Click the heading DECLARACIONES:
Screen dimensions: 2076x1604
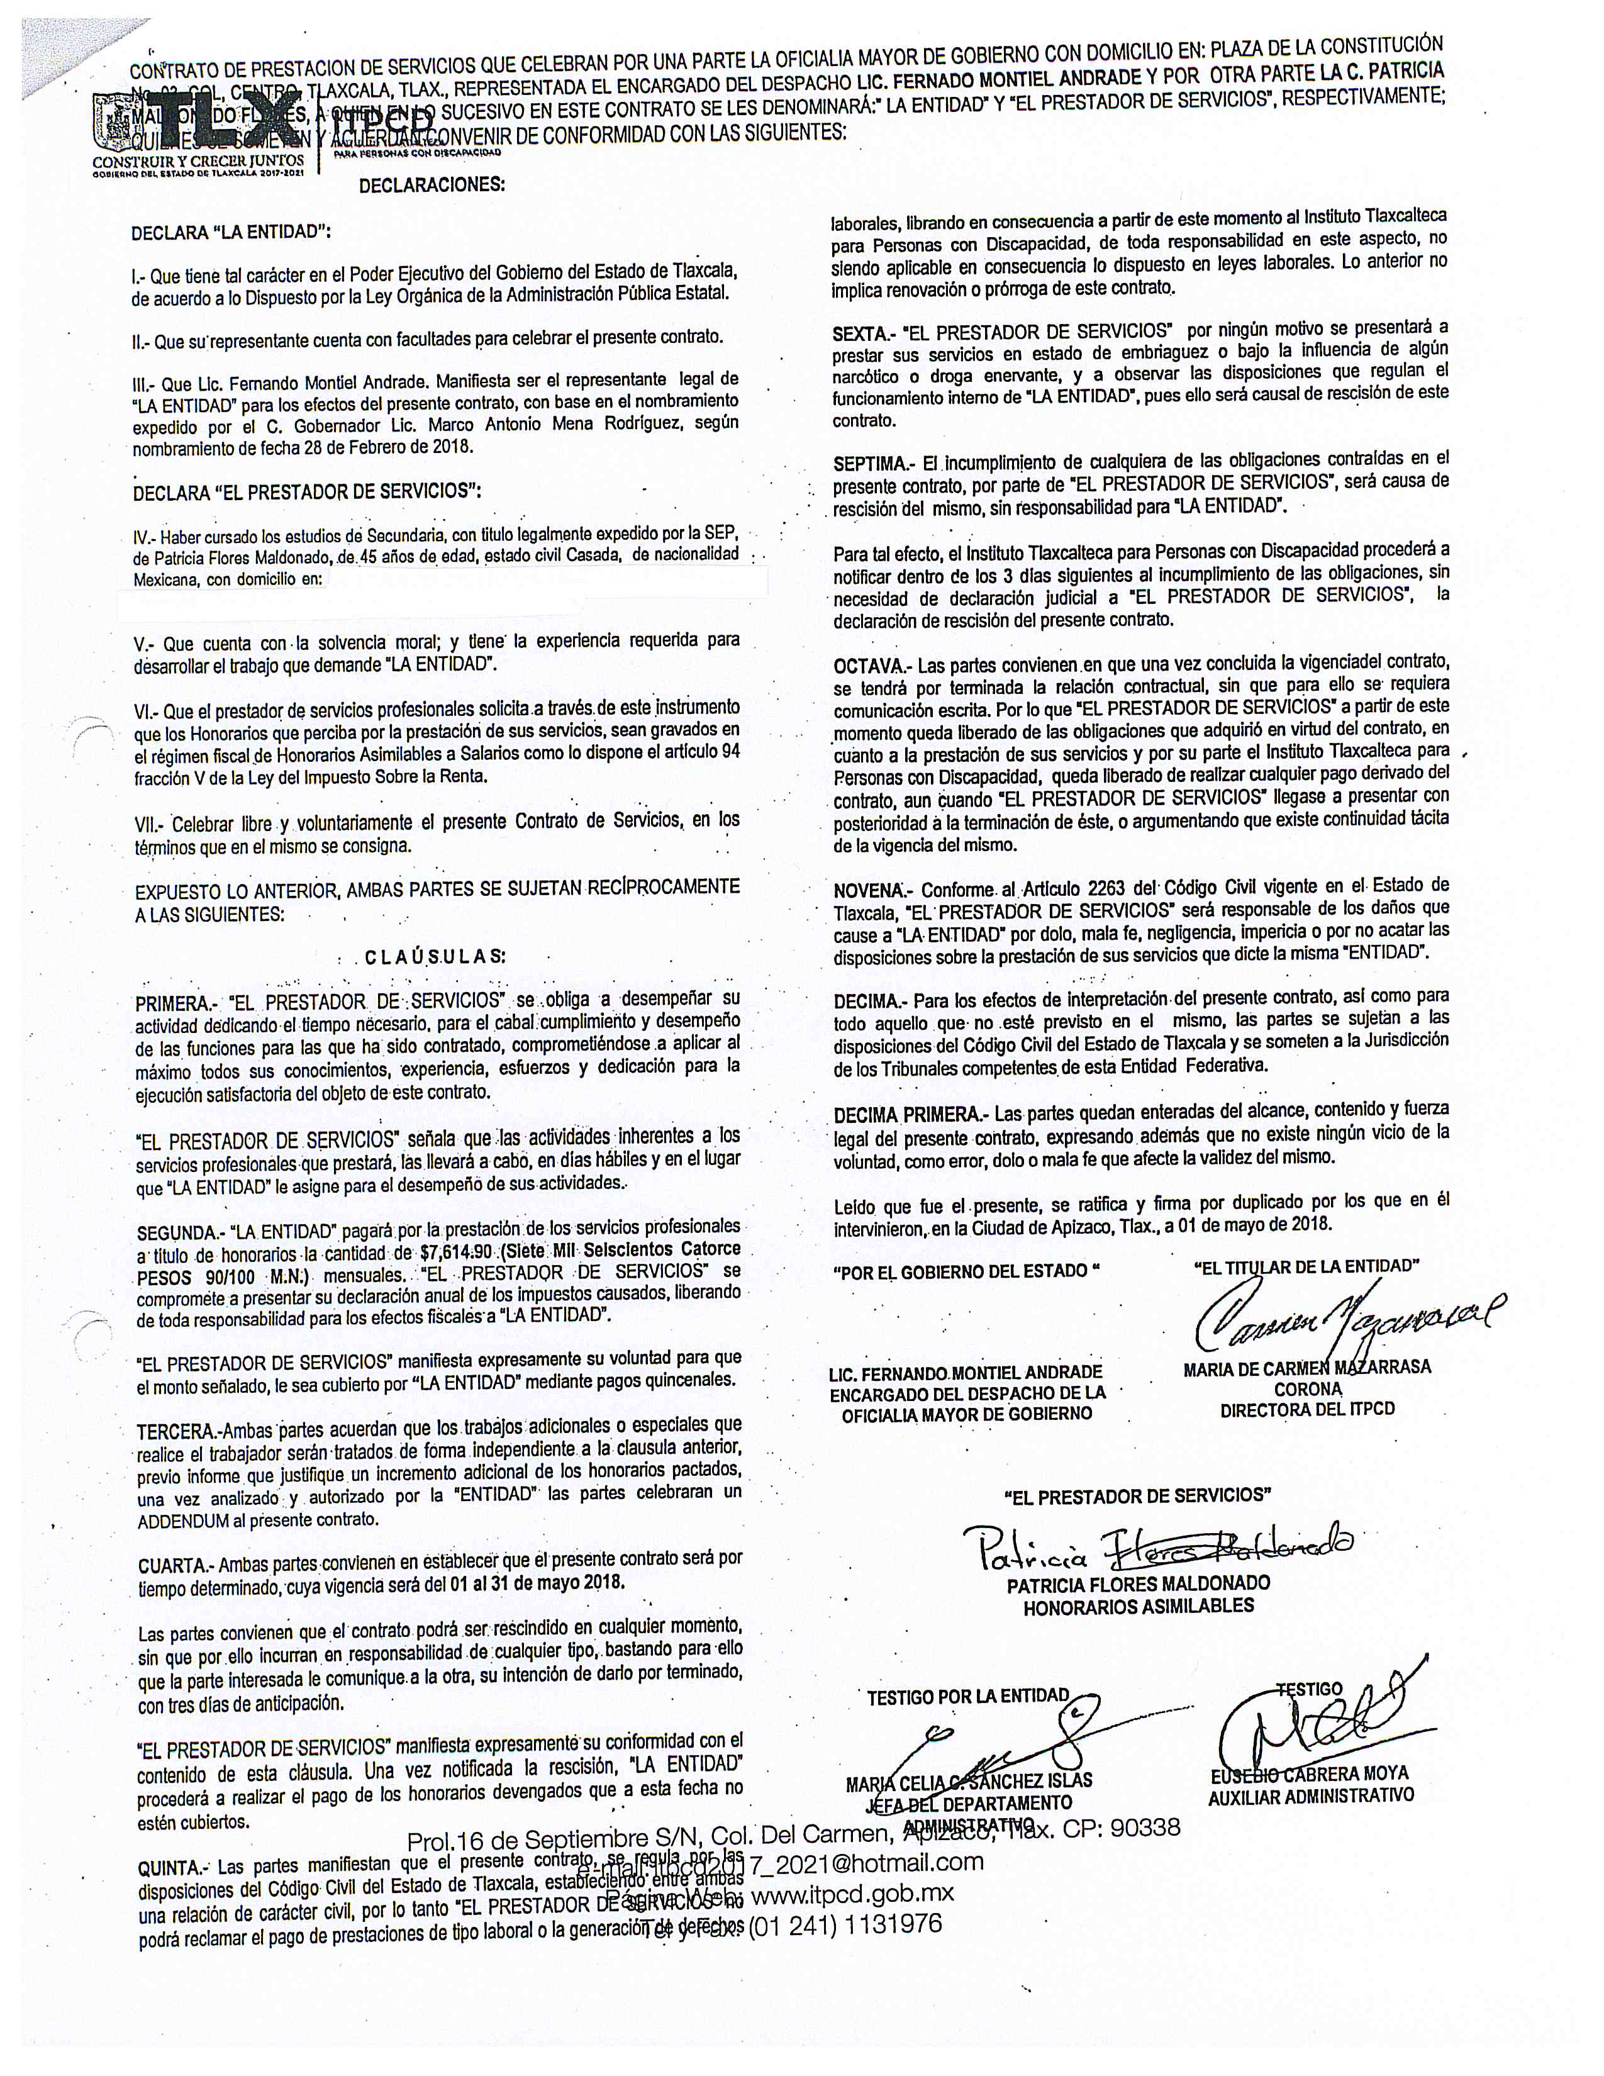432,186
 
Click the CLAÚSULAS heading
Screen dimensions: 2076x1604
435,956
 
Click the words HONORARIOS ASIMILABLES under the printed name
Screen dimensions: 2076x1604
1139,1607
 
